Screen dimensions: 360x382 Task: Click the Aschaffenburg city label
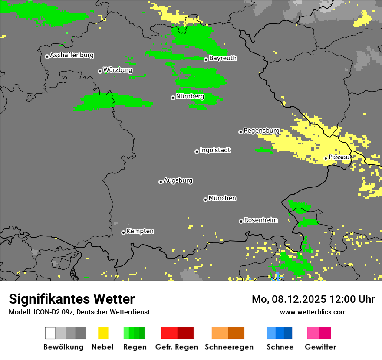(72, 55)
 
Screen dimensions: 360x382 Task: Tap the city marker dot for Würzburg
(100, 71)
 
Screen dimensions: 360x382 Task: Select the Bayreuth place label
(223, 58)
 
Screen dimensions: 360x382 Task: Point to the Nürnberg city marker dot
(173, 98)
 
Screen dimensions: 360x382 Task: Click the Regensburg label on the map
(261, 131)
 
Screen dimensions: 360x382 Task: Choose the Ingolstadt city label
(215, 150)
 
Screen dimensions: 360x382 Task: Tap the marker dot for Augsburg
(161, 182)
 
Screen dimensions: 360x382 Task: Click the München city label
(222, 198)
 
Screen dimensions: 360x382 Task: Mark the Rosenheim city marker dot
(241, 221)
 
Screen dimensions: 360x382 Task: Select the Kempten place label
(140, 231)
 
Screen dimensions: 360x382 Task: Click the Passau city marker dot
(326, 158)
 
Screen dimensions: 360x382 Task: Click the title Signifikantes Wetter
(72, 299)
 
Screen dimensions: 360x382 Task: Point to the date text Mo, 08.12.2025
(286, 299)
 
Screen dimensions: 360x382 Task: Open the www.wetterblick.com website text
(313, 312)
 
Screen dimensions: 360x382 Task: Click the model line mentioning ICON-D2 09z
(79, 312)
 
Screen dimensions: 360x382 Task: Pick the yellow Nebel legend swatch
(103, 333)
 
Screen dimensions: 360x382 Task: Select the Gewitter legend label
(320, 347)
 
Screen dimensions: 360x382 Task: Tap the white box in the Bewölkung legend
(50, 333)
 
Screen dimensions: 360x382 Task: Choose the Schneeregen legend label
(229, 347)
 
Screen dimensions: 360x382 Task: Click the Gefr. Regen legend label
(176, 347)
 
